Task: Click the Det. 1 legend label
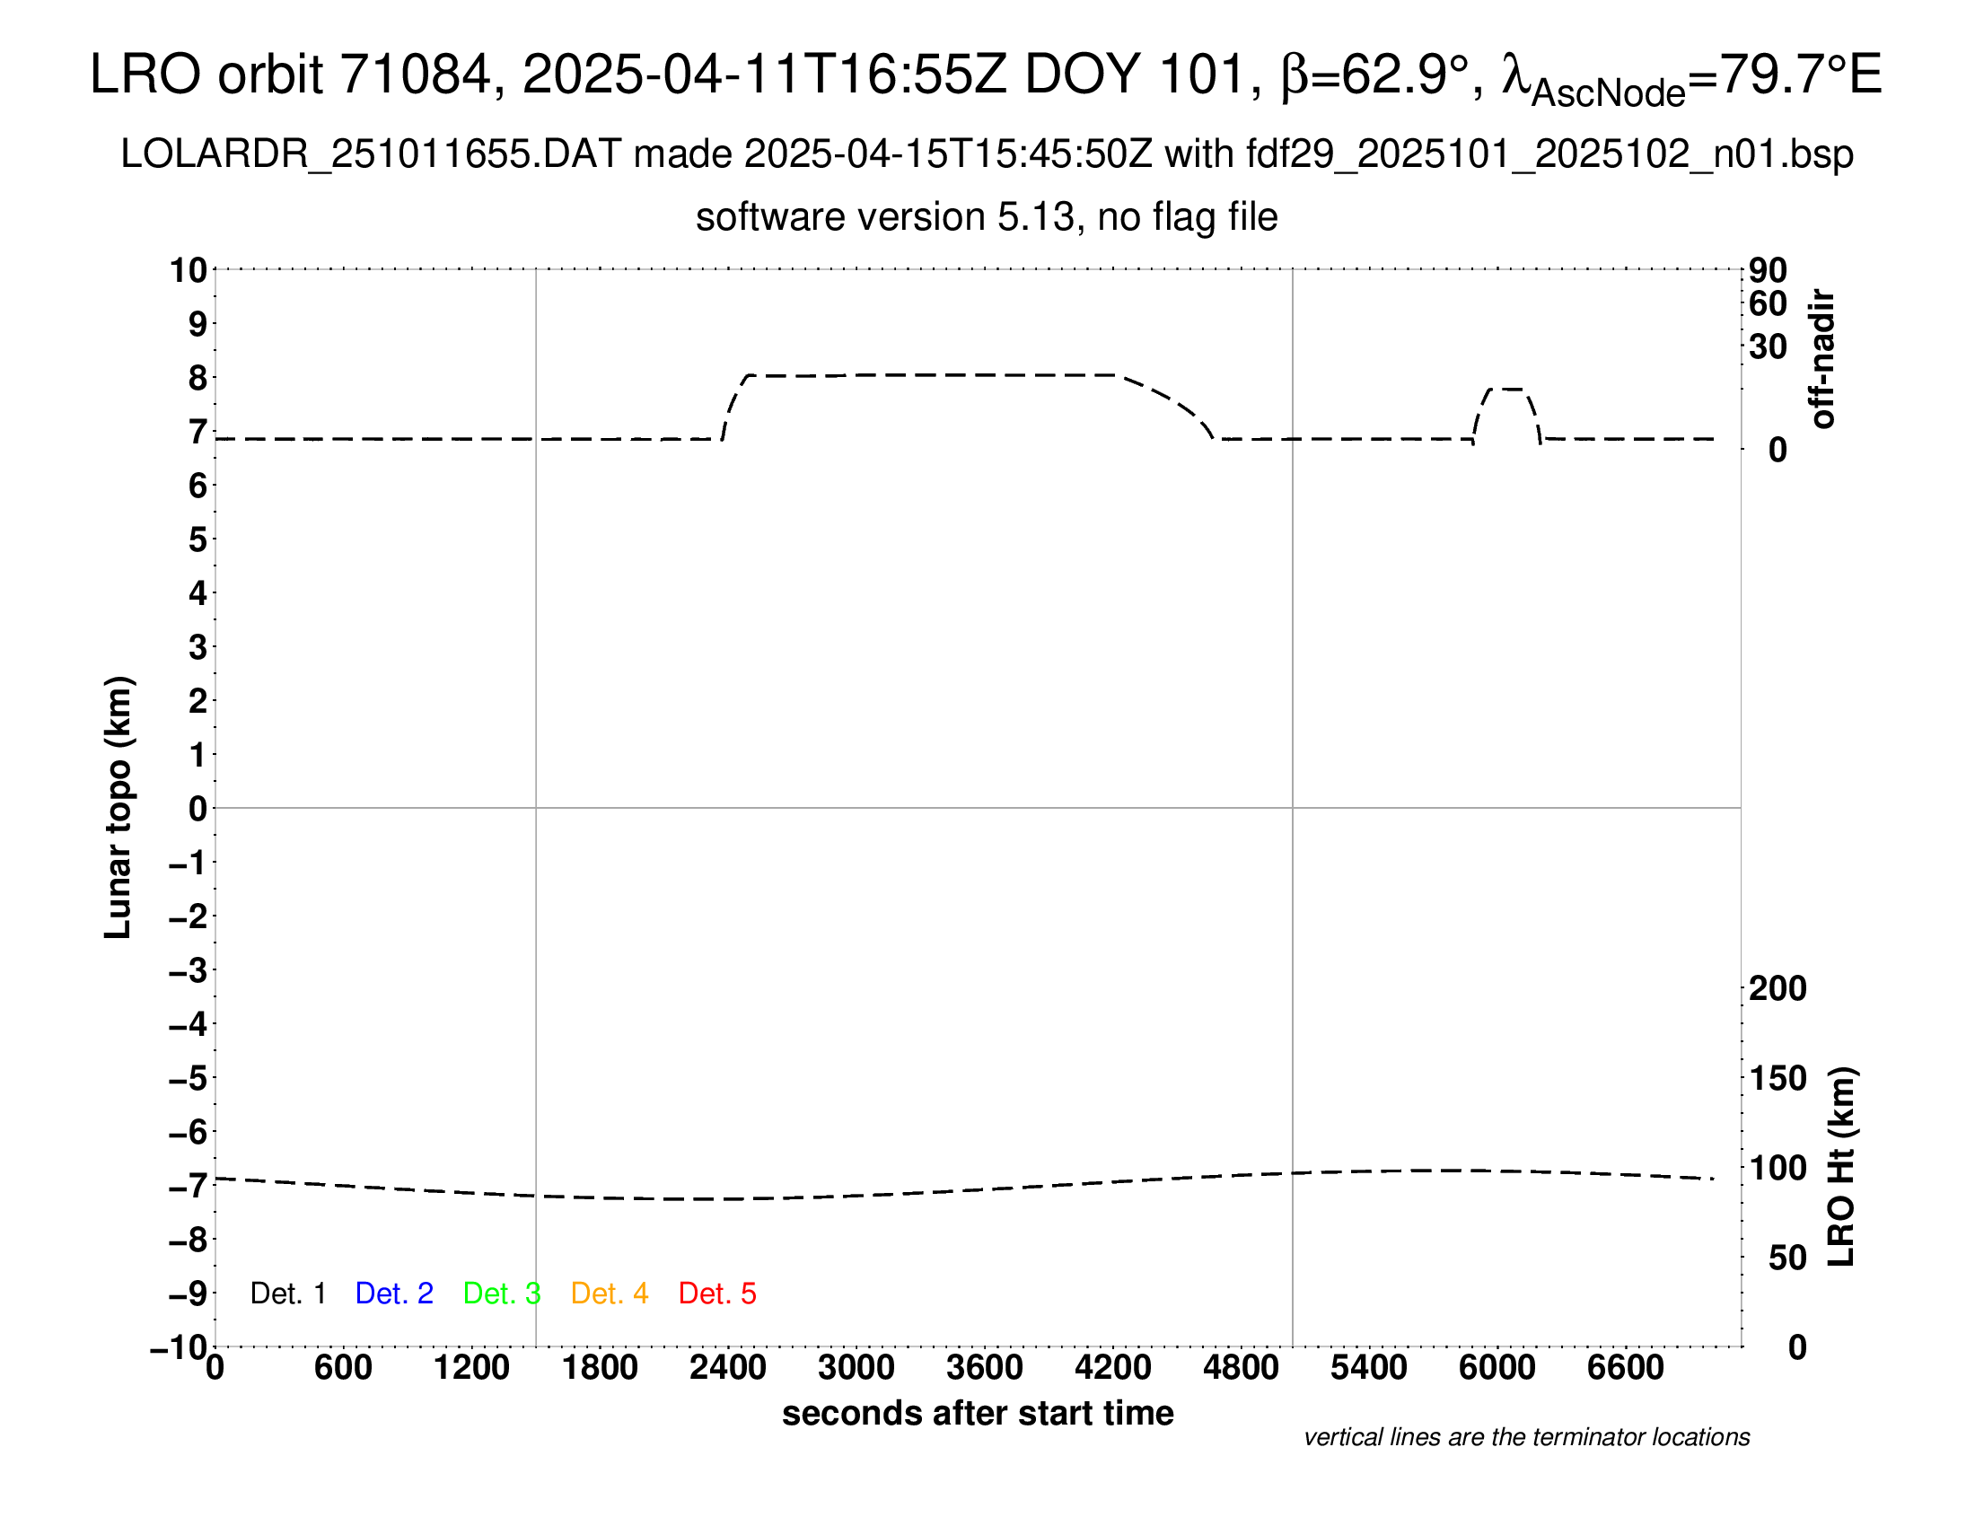click(287, 1294)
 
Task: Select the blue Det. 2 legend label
click(394, 1294)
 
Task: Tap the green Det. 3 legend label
click(502, 1294)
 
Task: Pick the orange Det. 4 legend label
click(610, 1294)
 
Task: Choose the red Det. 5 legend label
click(717, 1294)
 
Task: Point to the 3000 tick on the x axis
click(856, 1367)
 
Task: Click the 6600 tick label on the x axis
click(1625, 1367)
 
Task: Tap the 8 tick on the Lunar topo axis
click(197, 378)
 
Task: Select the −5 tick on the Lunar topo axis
click(189, 1078)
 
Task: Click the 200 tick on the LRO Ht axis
click(1777, 988)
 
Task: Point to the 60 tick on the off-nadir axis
click(1768, 303)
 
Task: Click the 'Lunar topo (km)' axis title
click(118, 807)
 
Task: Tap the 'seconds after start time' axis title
click(978, 1413)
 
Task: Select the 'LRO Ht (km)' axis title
click(1842, 1166)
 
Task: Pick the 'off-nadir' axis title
click(1822, 358)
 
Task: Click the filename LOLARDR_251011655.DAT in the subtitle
click(371, 154)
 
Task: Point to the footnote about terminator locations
click(1526, 1437)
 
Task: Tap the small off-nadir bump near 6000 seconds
click(1506, 390)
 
